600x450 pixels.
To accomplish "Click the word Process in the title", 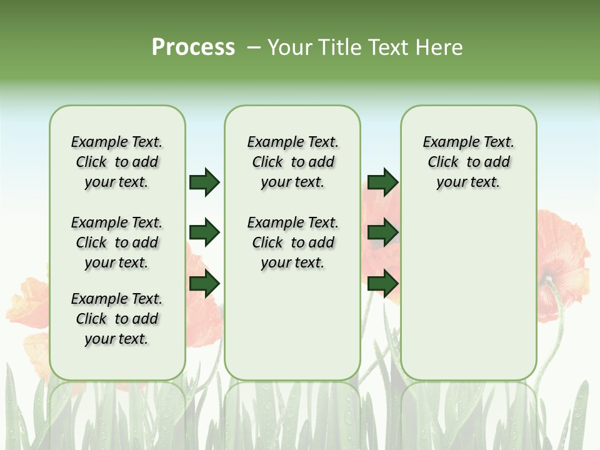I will [193, 47].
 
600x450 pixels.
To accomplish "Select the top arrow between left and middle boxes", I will [204, 182].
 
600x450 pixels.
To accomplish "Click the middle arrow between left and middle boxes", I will [204, 233].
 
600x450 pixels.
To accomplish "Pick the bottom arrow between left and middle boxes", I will [204, 284].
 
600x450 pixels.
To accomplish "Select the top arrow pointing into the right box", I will [382, 182].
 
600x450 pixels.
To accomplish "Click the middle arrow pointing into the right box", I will [382, 233].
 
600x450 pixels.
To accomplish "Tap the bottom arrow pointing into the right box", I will [382, 284].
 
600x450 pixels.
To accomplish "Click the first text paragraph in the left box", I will [117, 162].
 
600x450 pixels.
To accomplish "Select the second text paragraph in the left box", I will [117, 242].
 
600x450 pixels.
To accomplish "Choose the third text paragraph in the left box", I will [117, 319].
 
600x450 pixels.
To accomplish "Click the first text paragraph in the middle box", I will [292, 162].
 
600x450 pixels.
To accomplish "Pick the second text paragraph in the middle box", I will [292, 242].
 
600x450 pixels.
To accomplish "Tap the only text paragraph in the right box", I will [468, 162].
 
